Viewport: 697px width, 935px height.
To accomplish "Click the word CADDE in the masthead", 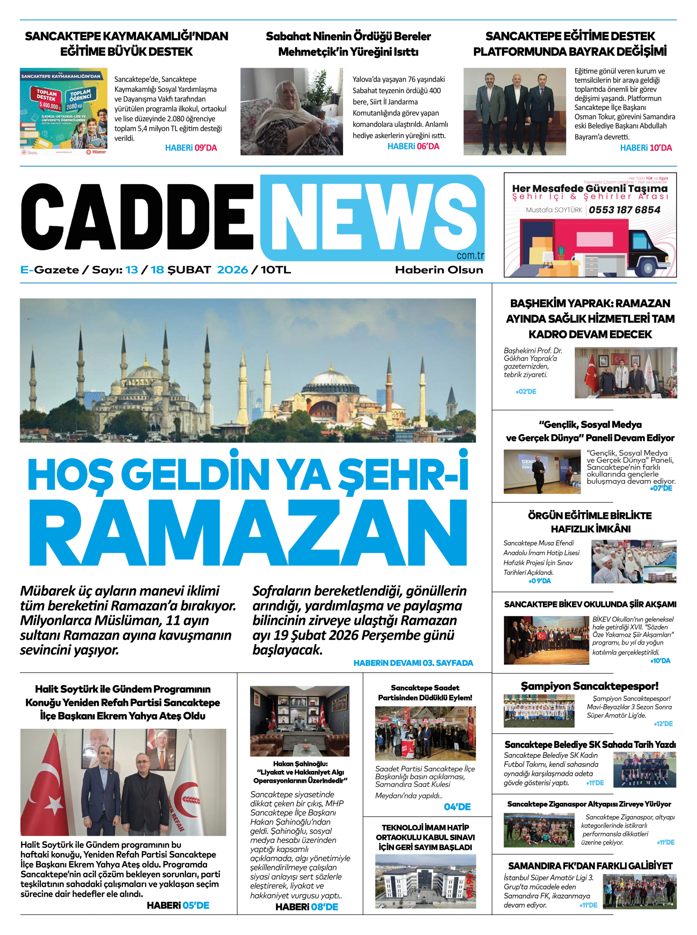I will pyautogui.click(x=137, y=217).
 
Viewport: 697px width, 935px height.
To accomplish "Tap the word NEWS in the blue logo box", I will pyautogui.click(x=374, y=217).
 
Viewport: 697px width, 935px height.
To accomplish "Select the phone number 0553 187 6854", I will pyautogui.click(x=624, y=210).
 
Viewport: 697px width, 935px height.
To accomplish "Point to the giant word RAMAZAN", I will pyautogui.click(x=248, y=533).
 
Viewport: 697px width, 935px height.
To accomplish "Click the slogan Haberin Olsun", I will pyautogui.click(x=439, y=270).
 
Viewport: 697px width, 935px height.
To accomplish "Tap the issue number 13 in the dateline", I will pyautogui.click(x=132, y=270).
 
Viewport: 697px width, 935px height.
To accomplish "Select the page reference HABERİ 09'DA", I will pyautogui.click(x=191, y=148).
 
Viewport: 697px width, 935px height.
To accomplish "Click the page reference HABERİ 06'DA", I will pyautogui.click(x=413, y=146).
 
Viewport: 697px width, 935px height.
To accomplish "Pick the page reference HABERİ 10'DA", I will pyautogui.click(x=645, y=148).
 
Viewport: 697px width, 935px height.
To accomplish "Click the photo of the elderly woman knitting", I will pyautogui.click(x=292, y=111).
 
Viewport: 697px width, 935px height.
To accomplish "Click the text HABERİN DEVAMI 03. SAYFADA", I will pyautogui.click(x=413, y=663).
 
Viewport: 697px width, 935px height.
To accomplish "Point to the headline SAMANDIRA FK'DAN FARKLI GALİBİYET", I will pyautogui.click(x=590, y=866).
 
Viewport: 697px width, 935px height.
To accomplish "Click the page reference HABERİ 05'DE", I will pyautogui.click(x=178, y=905).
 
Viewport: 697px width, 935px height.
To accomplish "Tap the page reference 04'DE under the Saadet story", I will pyautogui.click(x=457, y=807).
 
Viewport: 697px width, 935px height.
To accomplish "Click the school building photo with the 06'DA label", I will pyautogui.click(x=425, y=881).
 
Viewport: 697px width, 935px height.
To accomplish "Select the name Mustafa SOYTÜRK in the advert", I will pyautogui.click(x=554, y=210).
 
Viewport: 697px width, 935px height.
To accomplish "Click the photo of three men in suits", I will pyautogui.click(x=514, y=111).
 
